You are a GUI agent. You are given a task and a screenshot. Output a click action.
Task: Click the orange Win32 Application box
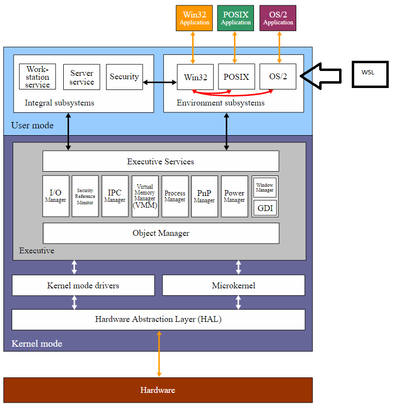pyautogui.click(x=194, y=18)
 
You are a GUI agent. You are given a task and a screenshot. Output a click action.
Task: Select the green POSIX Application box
pyautogui.click(x=236, y=18)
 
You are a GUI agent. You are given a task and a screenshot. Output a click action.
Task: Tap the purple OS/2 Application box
pyautogui.click(x=278, y=18)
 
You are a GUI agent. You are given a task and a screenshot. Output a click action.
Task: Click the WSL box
pyautogui.click(x=370, y=74)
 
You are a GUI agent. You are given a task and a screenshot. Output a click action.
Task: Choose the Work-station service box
pyautogui.click(x=37, y=77)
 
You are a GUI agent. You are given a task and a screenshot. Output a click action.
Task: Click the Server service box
pyautogui.click(x=82, y=77)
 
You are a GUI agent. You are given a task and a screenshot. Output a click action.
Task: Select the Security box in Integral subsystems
pyautogui.click(x=124, y=77)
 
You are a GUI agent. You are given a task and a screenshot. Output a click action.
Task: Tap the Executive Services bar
pyautogui.click(x=161, y=161)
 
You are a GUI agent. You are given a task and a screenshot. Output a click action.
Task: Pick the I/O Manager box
pyautogui.click(x=55, y=196)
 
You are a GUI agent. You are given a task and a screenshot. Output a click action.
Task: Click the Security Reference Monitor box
pyautogui.click(x=85, y=196)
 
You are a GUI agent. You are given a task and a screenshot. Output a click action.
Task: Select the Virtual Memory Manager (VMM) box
pyautogui.click(x=145, y=196)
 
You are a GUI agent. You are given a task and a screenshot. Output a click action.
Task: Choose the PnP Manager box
pyautogui.click(x=204, y=196)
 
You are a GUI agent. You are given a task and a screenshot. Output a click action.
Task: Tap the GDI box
pyautogui.click(x=265, y=208)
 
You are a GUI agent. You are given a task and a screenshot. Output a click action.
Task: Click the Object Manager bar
pyautogui.click(x=161, y=233)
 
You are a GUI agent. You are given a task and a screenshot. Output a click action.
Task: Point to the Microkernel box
pyautogui.click(x=234, y=285)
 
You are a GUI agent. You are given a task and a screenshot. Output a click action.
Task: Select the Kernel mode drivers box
pyautogui.click(x=83, y=285)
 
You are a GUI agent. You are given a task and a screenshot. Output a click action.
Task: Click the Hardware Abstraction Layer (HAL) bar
pyautogui.click(x=158, y=319)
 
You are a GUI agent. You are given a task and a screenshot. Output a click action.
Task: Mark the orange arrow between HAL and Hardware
pyautogui.click(x=159, y=354)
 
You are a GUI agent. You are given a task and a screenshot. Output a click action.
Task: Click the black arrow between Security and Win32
pyautogui.click(x=160, y=83)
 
